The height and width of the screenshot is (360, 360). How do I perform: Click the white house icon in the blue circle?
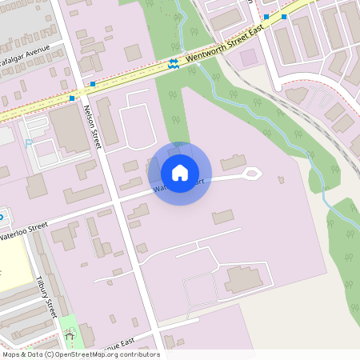pyautogui.click(x=179, y=173)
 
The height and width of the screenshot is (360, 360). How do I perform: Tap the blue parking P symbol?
pyautogui.click(x=29, y=143)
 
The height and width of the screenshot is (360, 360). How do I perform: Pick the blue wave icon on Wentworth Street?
pyautogui.click(x=174, y=63)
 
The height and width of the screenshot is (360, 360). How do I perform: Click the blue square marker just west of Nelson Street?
pyautogui.click(x=73, y=98)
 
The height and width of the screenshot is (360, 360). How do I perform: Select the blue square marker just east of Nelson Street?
pyautogui.click(x=94, y=83)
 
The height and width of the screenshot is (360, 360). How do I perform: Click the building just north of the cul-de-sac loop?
pyautogui.click(x=234, y=162)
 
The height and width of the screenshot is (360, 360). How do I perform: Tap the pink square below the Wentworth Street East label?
pyautogui.click(x=249, y=58)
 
